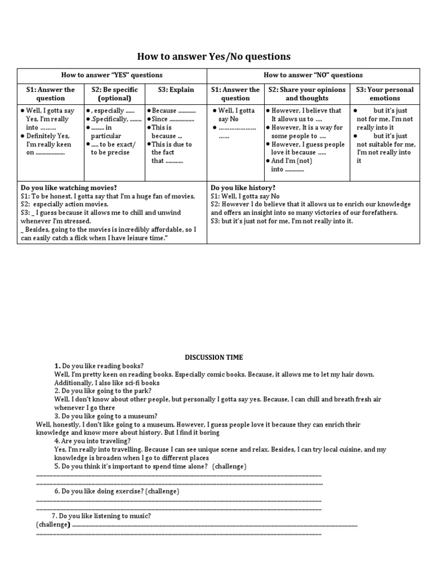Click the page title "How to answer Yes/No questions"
(214, 56)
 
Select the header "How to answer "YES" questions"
(112, 75)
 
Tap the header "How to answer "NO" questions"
(313, 75)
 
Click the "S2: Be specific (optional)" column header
(114, 94)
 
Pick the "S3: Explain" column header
(176, 89)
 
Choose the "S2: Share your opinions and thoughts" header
(307, 94)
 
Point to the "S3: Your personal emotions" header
(385, 94)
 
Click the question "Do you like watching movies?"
(69, 188)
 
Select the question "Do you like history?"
(243, 188)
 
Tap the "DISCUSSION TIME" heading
(214, 357)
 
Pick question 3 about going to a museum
(106, 416)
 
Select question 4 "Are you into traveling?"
(93, 441)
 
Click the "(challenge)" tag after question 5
(229, 466)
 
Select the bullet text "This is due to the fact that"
(171, 152)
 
